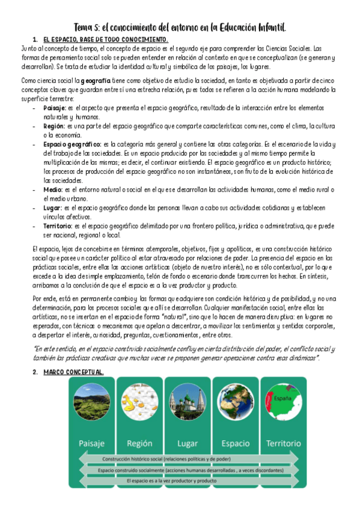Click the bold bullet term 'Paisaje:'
point(55,108)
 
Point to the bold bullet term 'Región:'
point(54,126)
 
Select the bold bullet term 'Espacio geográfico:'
point(72,145)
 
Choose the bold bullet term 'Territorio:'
point(58,226)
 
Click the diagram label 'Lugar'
point(188,444)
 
